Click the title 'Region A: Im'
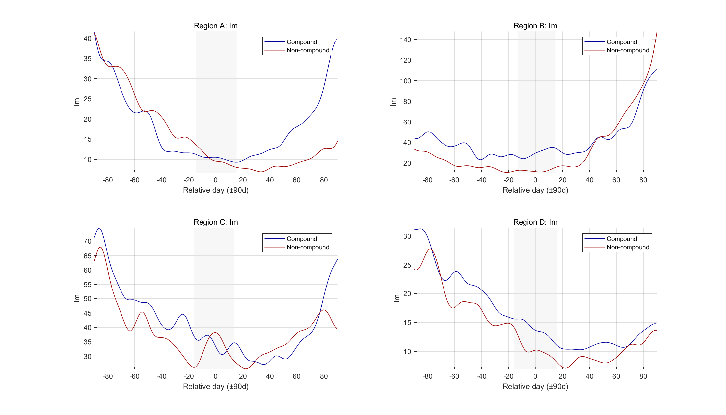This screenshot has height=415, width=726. [215, 26]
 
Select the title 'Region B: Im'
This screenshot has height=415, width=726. [535, 26]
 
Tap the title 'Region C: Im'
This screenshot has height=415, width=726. [215, 222]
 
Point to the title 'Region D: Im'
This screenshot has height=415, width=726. [535, 222]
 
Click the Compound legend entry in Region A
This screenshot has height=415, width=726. [301, 42]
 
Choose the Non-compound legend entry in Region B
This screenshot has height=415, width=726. [627, 50]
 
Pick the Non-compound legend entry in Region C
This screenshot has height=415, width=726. [308, 247]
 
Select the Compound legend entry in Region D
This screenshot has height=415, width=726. [621, 239]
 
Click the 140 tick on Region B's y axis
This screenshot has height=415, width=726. [405, 40]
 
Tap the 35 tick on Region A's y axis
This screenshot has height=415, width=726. [87, 59]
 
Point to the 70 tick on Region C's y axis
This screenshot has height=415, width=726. [87, 241]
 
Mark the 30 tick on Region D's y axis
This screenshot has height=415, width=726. [407, 236]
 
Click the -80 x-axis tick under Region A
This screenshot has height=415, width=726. [108, 180]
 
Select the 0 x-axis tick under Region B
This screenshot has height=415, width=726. [535, 180]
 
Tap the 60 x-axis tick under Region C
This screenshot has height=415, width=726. [296, 377]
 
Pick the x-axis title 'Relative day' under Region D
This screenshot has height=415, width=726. [535, 387]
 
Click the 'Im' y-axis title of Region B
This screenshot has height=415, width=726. [393, 102]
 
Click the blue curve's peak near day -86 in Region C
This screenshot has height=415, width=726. [99, 228]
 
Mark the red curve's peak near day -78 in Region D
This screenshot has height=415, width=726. [430, 249]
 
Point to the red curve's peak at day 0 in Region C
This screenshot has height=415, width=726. [215, 333]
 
